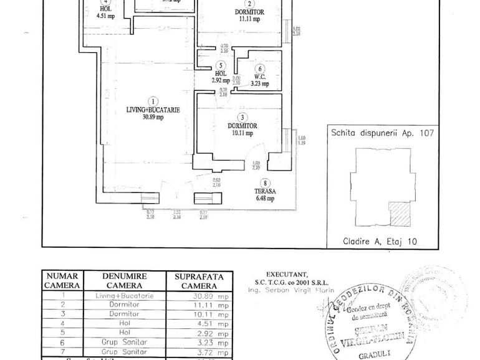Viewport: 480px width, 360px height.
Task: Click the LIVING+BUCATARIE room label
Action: (153, 110)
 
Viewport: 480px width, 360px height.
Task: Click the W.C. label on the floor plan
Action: (259, 76)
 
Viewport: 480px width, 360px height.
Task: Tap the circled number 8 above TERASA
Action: (266, 183)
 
